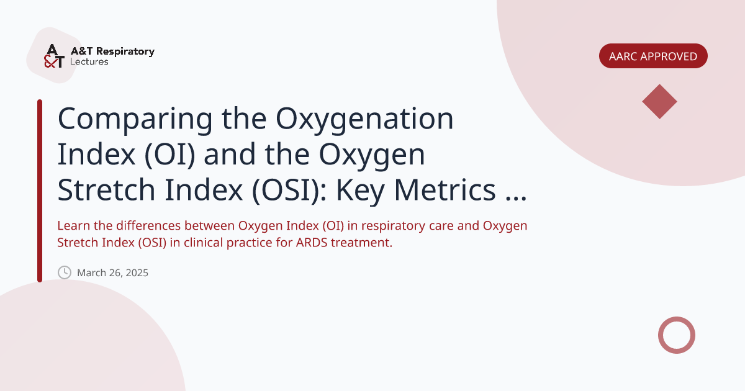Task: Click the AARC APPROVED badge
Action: pos(653,56)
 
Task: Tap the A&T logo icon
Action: pos(54,56)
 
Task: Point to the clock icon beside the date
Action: pos(65,272)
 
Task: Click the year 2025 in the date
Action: pos(137,272)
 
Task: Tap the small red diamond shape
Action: pos(659,101)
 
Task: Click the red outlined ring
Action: pos(676,335)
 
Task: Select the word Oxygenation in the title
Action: pos(365,119)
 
